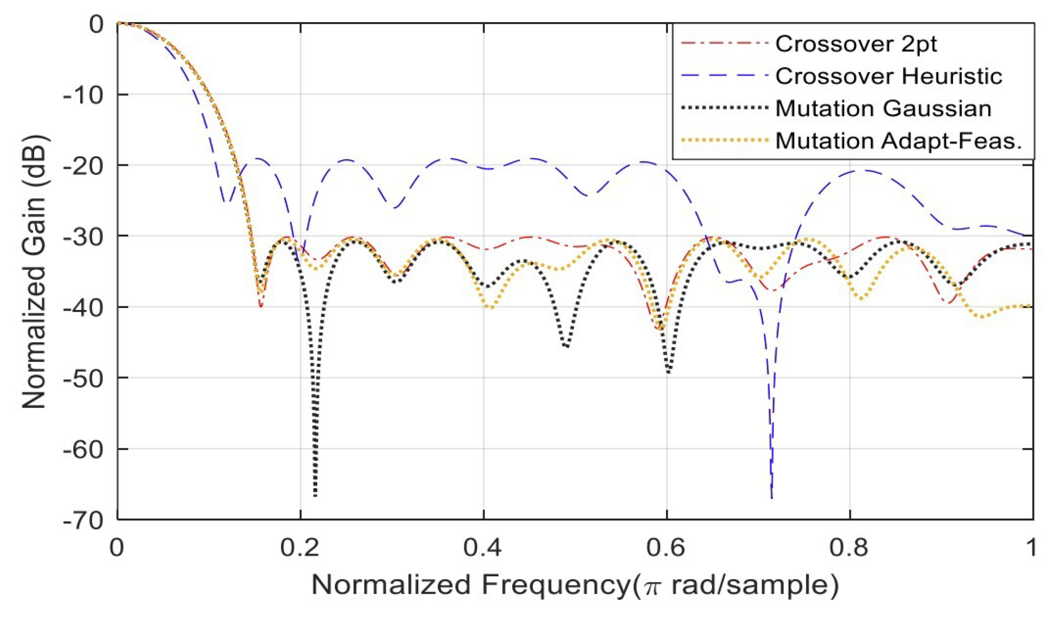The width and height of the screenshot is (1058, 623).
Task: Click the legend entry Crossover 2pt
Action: pos(855,44)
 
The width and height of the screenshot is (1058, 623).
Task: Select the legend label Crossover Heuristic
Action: pos(888,76)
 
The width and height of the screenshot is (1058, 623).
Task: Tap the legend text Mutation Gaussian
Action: pos(883,109)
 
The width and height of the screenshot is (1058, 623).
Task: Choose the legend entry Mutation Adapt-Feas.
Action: pos(898,141)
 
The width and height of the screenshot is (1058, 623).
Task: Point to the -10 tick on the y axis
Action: pos(83,94)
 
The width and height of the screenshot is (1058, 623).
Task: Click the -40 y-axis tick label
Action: pos(83,307)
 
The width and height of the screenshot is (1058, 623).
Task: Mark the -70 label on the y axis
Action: pos(83,520)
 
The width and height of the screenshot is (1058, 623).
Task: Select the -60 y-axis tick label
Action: pos(83,449)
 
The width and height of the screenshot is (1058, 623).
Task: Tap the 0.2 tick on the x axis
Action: pos(300,547)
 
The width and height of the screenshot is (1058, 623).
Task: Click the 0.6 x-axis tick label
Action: pos(666,547)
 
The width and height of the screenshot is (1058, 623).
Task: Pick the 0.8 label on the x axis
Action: pos(849,547)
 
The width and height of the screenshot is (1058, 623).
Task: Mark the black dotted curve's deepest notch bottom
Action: pos(315,495)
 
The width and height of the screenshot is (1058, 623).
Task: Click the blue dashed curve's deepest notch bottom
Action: pos(772,496)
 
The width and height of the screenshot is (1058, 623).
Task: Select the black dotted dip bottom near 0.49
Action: pos(566,346)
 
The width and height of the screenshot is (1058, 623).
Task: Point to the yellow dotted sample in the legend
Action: pos(724,141)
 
